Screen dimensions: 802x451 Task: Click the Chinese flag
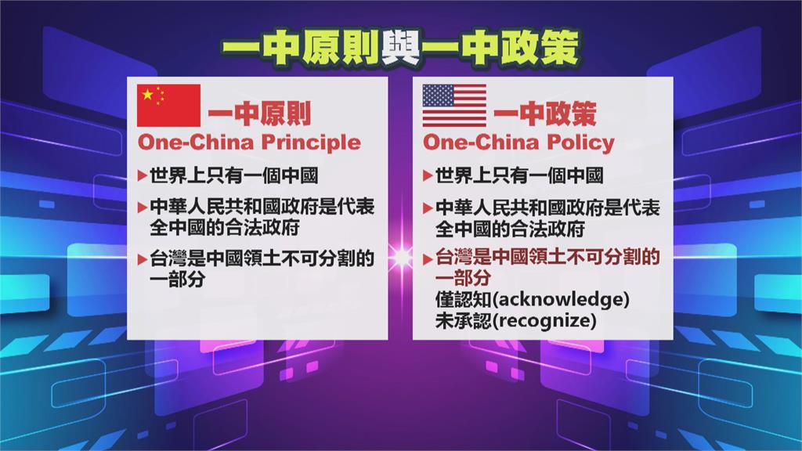tap(168, 106)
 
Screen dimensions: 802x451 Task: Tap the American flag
tap(454, 106)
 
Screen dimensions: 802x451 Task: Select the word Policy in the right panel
tap(580, 143)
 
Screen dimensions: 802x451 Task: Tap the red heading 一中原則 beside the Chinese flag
tap(259, 114)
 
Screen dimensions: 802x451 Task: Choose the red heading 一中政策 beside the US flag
tap(545, 114)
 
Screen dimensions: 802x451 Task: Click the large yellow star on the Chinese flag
tap(147, 95)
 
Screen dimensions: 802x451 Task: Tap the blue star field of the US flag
tap(438, 95)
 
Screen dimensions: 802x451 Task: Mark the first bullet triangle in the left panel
tap(143, 176)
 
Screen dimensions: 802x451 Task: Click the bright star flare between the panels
tap(401, 257)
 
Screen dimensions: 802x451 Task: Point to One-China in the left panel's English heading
tap(196, 143)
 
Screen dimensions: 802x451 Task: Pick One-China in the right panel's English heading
tap(482, 143)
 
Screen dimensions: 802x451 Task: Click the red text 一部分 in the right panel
tap(463, 278)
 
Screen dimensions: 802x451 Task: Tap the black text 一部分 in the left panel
tap(178, 280)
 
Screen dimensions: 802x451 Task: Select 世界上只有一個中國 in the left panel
tap(233, 176)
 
